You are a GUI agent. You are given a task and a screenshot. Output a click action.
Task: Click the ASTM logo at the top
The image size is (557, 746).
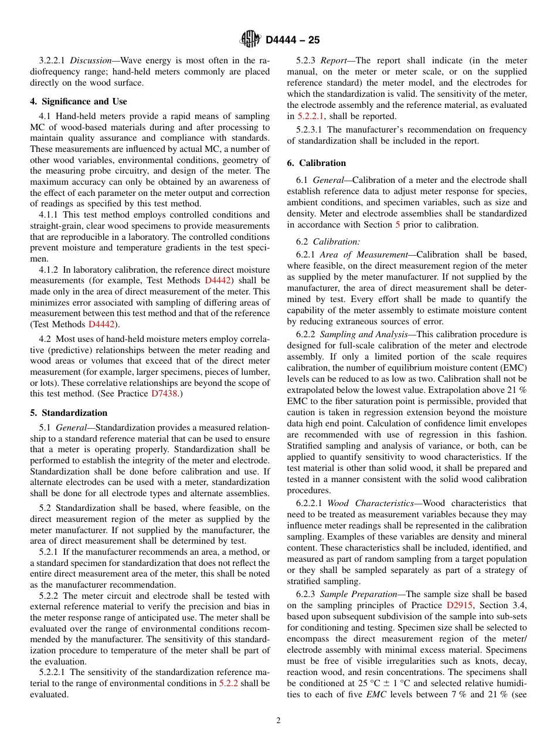coord(250,39)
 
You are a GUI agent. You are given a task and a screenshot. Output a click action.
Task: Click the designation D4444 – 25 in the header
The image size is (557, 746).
coord(293,40)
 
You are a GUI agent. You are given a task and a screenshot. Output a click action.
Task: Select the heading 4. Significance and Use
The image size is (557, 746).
coord(79,101)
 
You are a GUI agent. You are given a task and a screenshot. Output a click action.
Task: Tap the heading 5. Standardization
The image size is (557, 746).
coord(69,413)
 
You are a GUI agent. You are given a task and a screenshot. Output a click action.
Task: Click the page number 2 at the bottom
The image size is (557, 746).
coord(278,721)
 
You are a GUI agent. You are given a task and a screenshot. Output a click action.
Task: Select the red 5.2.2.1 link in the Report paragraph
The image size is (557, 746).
coord(311,116)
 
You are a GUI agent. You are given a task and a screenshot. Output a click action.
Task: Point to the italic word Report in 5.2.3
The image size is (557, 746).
coord(333,60)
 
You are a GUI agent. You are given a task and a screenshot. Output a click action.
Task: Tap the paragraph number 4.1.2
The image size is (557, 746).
coord(49,270)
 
